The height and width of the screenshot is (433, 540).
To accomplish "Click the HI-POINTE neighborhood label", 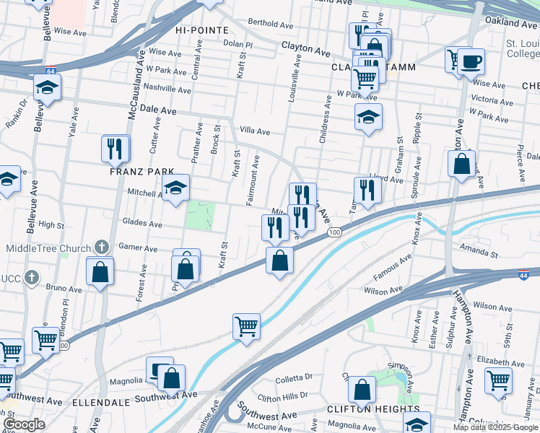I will tap(201, 30).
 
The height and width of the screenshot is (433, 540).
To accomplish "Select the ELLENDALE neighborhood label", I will tap(100, 401).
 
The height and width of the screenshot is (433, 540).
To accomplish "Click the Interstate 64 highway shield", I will tap(49, 71).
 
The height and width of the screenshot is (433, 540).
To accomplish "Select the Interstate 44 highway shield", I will tap(525, 275).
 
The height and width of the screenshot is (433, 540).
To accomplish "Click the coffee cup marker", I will tap(471, 62).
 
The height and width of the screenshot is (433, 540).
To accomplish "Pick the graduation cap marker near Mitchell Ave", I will tap(175, 189).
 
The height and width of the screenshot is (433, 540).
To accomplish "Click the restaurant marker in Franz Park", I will tap(116, 148).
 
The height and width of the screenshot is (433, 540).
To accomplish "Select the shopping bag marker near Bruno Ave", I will tap(100, 271).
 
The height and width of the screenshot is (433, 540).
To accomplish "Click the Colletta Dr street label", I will tap(293, 377).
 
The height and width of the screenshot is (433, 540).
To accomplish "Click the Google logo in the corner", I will tap(24, 424).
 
